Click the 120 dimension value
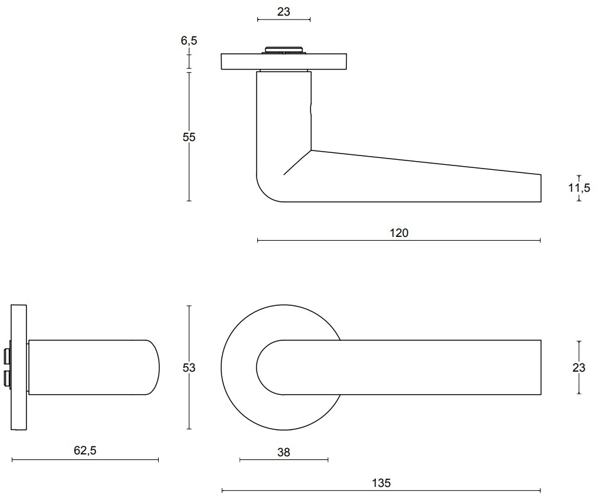(399, 233)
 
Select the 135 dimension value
(381, 483)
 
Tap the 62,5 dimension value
(85, 451)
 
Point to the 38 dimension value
(284, 453)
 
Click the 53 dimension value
(189, 368)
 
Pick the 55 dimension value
(189, 137)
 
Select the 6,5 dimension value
(189, 41)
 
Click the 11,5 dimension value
(579, 188)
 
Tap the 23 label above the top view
(284, 12)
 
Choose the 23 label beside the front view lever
(579, 368)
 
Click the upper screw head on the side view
(6, 356)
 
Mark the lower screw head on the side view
(6, 379)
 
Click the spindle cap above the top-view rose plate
(284, 50)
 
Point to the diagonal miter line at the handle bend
(297, 162)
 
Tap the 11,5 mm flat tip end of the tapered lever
(541, 188)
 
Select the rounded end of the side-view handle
(154, 367)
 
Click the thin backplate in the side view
(19, 367)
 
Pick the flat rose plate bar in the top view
(284, 62)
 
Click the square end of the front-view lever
(541, 367)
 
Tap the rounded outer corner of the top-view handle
(264, 194)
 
